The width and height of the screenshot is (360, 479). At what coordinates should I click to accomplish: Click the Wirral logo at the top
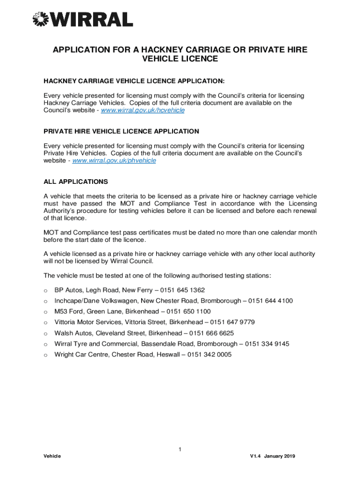pos(82,19)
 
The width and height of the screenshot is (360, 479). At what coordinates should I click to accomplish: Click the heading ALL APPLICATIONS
pos(76,181)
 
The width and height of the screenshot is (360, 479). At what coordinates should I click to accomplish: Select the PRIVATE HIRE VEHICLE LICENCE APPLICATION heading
pos(121,131)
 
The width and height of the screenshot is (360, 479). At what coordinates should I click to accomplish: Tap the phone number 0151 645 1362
pos(182,290)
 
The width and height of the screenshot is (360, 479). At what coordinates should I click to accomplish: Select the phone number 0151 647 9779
pos(232,322)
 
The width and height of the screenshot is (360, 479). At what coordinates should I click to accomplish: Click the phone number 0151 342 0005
pos(209,355)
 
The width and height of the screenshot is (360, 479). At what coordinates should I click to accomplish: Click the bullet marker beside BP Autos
pos(45,290)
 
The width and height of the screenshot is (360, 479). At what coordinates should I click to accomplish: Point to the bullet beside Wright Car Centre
pos(45,355)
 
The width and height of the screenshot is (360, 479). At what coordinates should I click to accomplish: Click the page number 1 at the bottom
pos(180,450)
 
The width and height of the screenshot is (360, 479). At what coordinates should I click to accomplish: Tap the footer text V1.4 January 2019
pos(273,457)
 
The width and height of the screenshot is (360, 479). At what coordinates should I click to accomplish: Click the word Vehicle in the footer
pos(52,457)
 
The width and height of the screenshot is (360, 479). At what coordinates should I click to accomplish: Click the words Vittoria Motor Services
pos(91,322)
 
